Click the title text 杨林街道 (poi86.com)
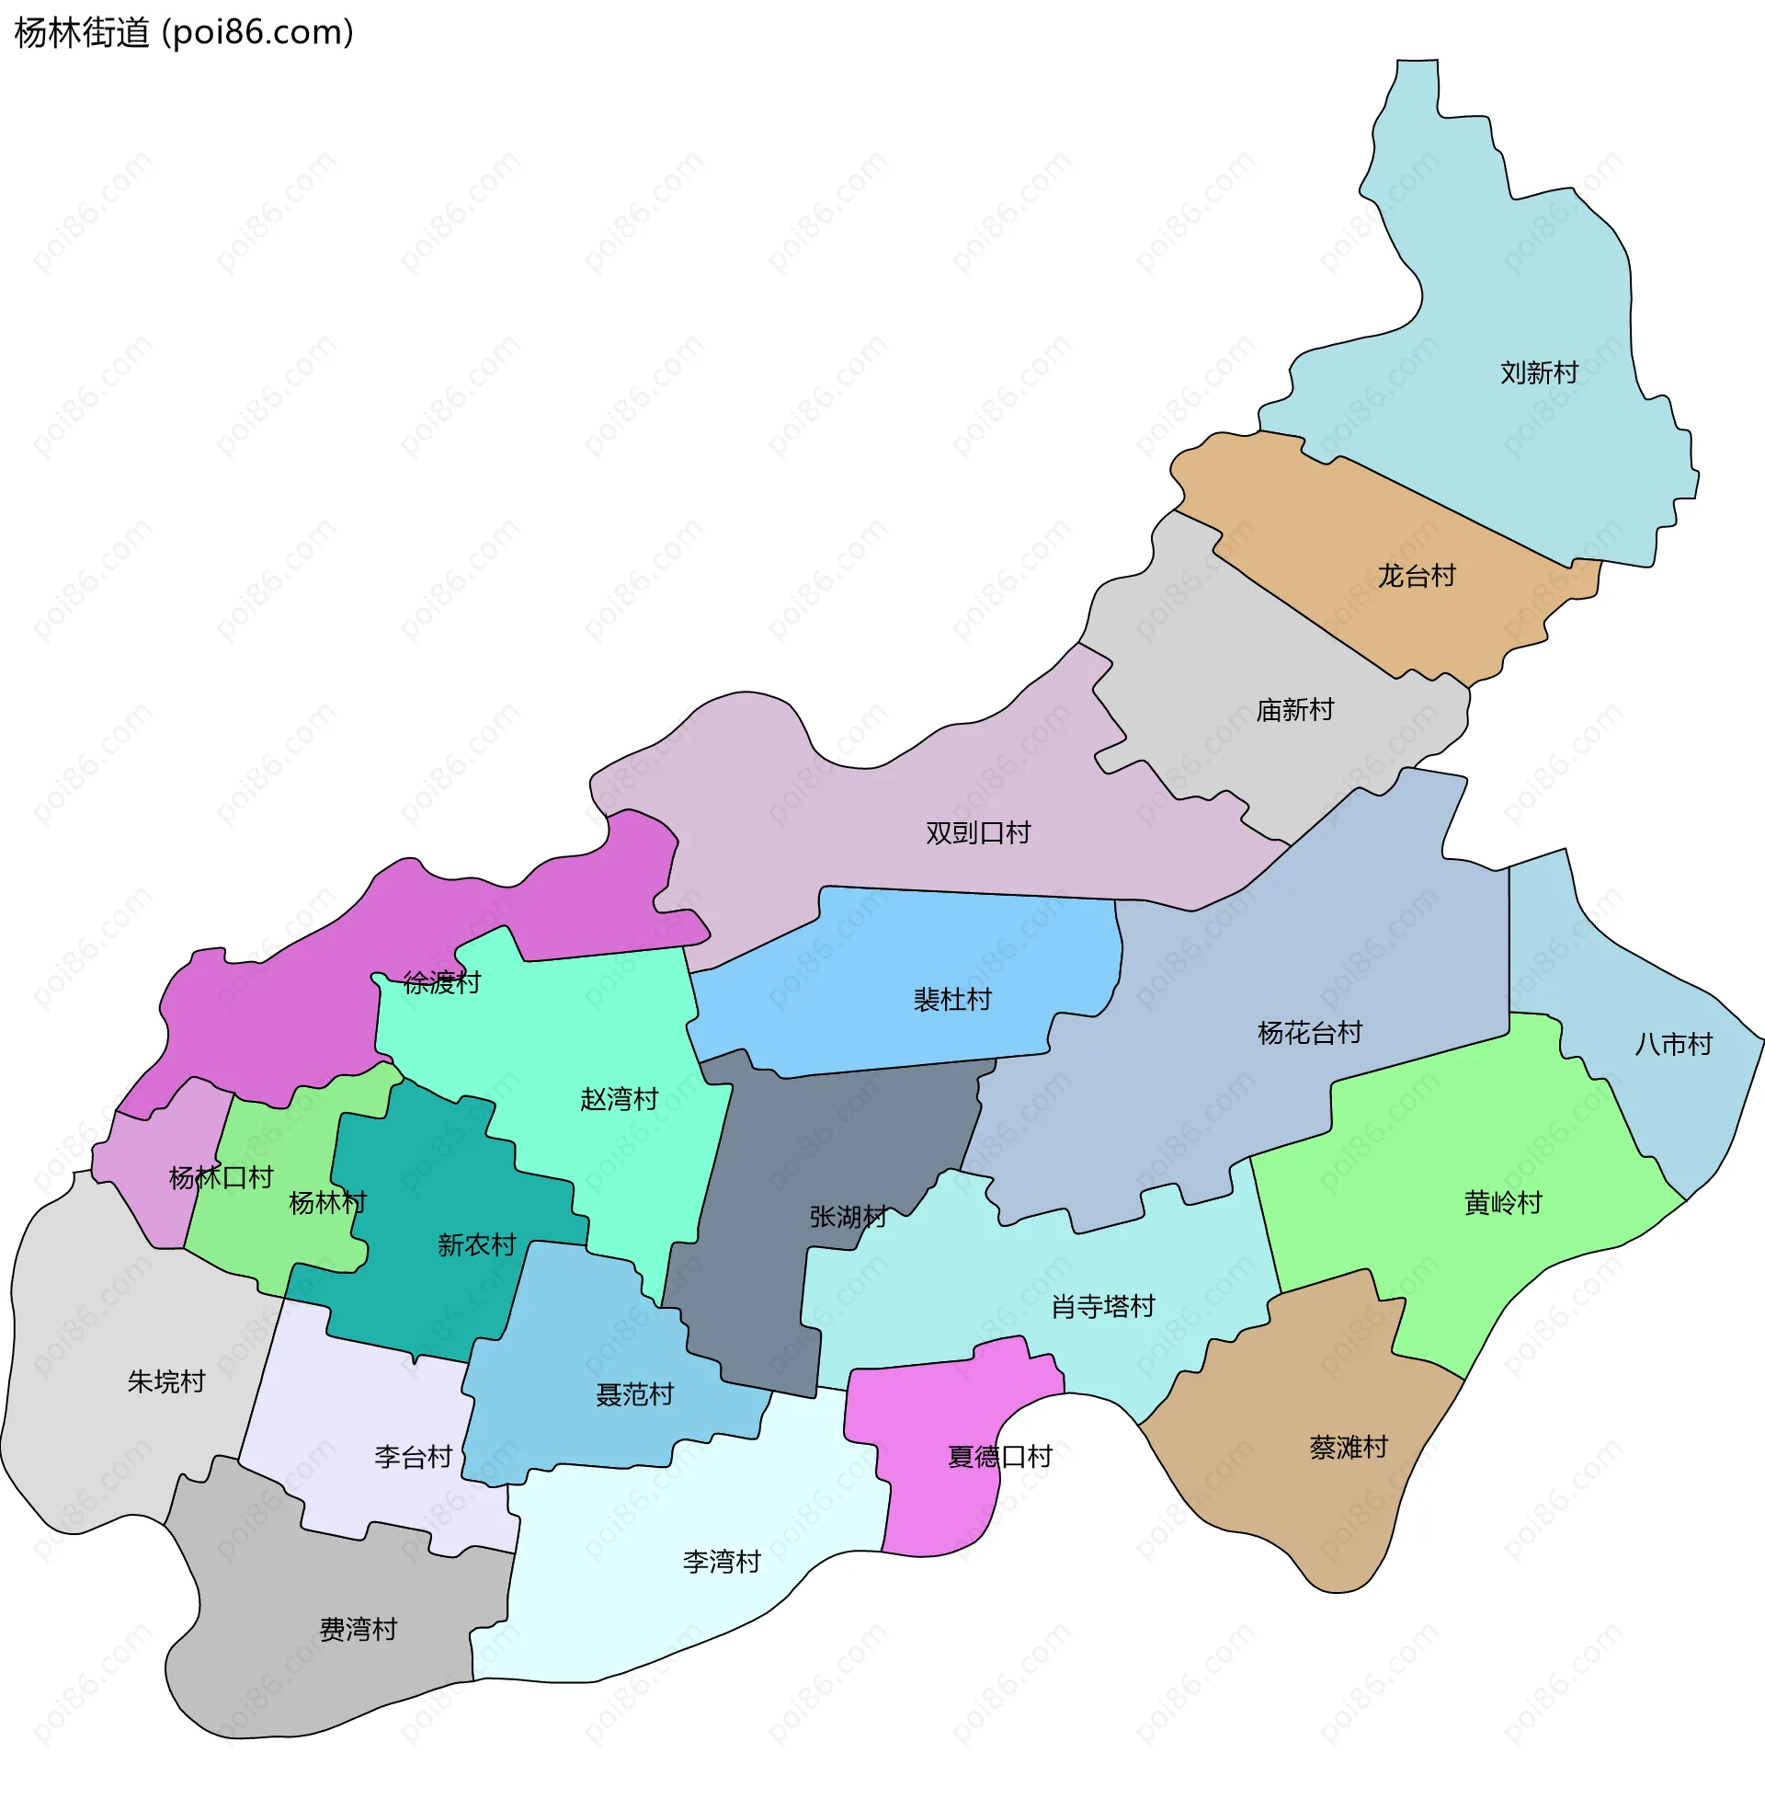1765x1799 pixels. coord(184,33)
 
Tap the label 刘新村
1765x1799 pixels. coord(1539,372)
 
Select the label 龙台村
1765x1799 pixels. coord(1417,576)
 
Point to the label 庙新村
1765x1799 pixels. coord(1294,710)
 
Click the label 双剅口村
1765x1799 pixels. coord(978,832)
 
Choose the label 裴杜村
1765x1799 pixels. coord(952,1000)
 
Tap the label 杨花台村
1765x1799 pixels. coord(1309,1033)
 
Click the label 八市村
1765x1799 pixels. coord(1673,1045)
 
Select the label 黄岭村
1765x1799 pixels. coord(1503,1204)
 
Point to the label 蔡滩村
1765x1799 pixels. coord(1349,1448)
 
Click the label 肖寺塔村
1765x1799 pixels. coord(1103,1307)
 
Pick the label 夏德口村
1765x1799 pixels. coord(999,1457)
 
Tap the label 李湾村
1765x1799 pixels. coord(722,1563)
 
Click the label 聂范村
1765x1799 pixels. coord(634,1394)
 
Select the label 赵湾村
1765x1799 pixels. coord(619,1100)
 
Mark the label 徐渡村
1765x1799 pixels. coord(441,983)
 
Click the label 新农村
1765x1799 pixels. coord(476,1245)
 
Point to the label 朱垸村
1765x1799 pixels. coord(166,1381)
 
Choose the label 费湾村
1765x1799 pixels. coord(358,1629)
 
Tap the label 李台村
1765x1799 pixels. coord(413,1457)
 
